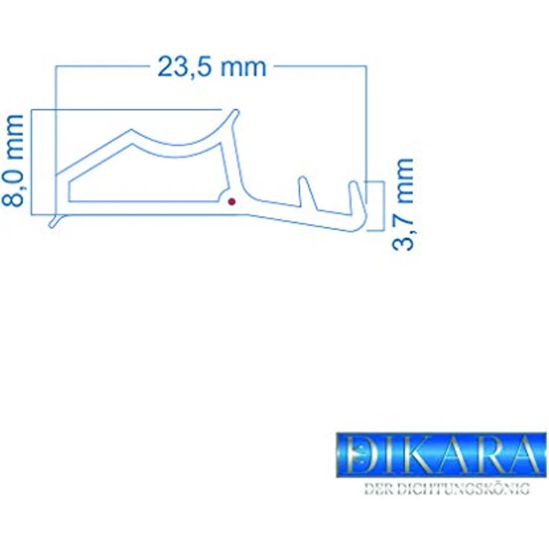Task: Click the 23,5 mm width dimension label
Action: click(212, 66)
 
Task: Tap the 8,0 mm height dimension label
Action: click(13, 160)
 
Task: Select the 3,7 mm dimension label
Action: click(402, 204)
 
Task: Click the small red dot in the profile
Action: click(231, 201)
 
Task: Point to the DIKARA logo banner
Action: click(441, 455)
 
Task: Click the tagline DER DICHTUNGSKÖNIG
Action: click(447, 489)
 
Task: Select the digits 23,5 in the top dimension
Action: click(184, 66)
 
